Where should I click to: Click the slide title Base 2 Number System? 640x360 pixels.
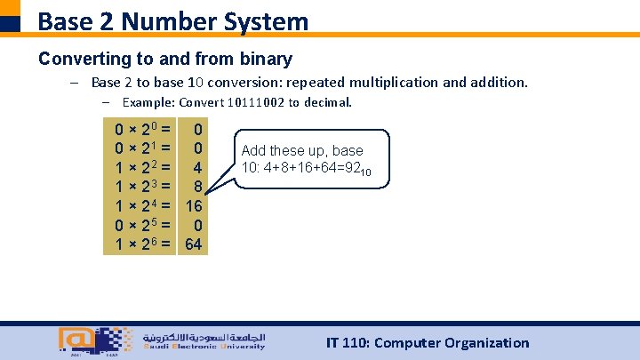173,20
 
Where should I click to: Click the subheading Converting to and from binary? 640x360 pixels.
165,59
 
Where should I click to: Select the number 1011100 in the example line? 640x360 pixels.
253,102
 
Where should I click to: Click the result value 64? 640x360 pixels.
194,242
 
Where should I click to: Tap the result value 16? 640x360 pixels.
194,204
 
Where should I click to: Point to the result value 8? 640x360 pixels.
198,186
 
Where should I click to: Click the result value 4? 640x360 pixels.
198,167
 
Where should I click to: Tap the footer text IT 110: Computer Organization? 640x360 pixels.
428,342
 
